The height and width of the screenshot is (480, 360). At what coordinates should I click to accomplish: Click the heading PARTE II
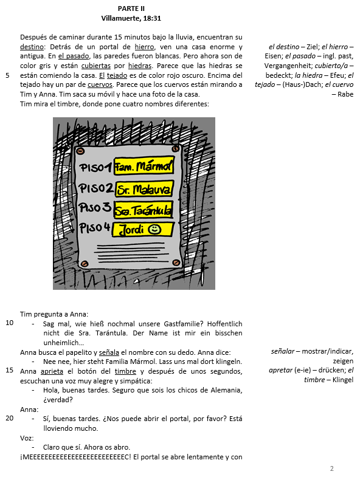(x=131, y=9)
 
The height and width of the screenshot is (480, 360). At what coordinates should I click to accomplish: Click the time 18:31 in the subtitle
(x=152, y=18)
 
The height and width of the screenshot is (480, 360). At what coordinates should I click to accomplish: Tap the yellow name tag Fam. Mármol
(x=144, y=166)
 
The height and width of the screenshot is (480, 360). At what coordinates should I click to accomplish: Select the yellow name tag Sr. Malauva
(x=144, y=190)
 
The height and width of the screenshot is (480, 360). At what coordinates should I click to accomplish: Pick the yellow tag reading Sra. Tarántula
(x=143, y=210)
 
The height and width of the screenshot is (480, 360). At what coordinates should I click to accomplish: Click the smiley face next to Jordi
(x=154, y=229)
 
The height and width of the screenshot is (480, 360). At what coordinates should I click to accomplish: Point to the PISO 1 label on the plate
(x=95, y=167)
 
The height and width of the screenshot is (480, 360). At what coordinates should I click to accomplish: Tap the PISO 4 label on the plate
(x=94, y=227)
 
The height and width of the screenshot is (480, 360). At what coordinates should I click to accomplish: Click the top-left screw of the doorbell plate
(x=80, y=151)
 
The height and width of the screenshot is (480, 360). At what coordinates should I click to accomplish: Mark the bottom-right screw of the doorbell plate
(x=176, y=262)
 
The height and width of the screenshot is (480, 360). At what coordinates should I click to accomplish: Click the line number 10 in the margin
(x=10, y=323)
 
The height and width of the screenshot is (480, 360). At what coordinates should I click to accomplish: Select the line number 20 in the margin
(x=10, y=418)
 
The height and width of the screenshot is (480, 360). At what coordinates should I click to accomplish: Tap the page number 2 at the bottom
(x=332, y=468)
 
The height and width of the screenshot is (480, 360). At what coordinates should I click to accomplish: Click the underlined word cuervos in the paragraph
(x=100, y=85)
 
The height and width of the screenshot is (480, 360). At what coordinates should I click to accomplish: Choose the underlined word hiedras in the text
(x=140, y=66)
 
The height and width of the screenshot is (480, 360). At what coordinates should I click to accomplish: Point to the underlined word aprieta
(x=52, y=371)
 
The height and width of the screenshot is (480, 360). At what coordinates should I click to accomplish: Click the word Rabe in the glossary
(x=345, y=94)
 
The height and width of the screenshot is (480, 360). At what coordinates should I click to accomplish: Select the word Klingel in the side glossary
(x=343, y=380)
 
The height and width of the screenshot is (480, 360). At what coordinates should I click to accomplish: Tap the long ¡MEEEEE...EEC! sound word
(x=75, y=457)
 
